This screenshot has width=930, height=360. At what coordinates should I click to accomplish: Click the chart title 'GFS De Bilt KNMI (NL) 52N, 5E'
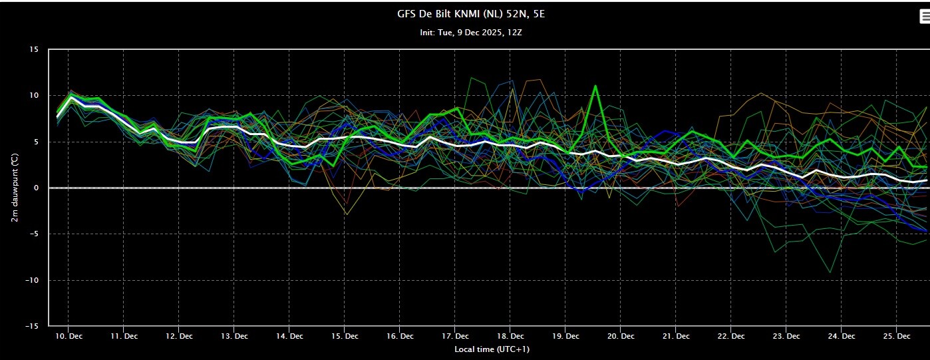[x=471, y=15]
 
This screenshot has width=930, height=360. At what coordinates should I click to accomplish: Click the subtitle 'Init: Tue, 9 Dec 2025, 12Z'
[x=471, y=33]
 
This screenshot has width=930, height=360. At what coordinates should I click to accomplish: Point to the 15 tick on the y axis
[x=34, y=49]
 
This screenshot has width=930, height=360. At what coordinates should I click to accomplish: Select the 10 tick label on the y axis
[x=34, y=96]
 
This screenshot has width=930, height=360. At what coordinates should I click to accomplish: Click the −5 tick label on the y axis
[x=33, y=234]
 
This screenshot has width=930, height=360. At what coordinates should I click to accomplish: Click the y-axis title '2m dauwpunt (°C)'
[x=15, y=188]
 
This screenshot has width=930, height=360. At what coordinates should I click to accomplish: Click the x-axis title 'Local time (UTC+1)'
[x=492, y=349]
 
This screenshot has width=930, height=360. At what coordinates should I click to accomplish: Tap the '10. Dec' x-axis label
[x=69, y=336]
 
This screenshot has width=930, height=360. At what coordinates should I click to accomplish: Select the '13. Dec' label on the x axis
[x=234, y=336]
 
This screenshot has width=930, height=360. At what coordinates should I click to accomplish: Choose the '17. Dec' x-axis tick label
[x=455, y=336]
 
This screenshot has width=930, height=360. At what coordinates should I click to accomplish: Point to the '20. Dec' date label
[x=621, y=336]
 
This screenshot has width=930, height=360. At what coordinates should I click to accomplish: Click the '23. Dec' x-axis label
[x=786, y=336]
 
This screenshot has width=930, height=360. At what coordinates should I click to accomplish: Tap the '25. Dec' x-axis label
[x=897, y=336]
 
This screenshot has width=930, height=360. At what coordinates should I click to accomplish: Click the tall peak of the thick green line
[x=595, y=86]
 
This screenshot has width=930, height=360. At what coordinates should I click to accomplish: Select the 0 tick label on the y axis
[x=36, y=188]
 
